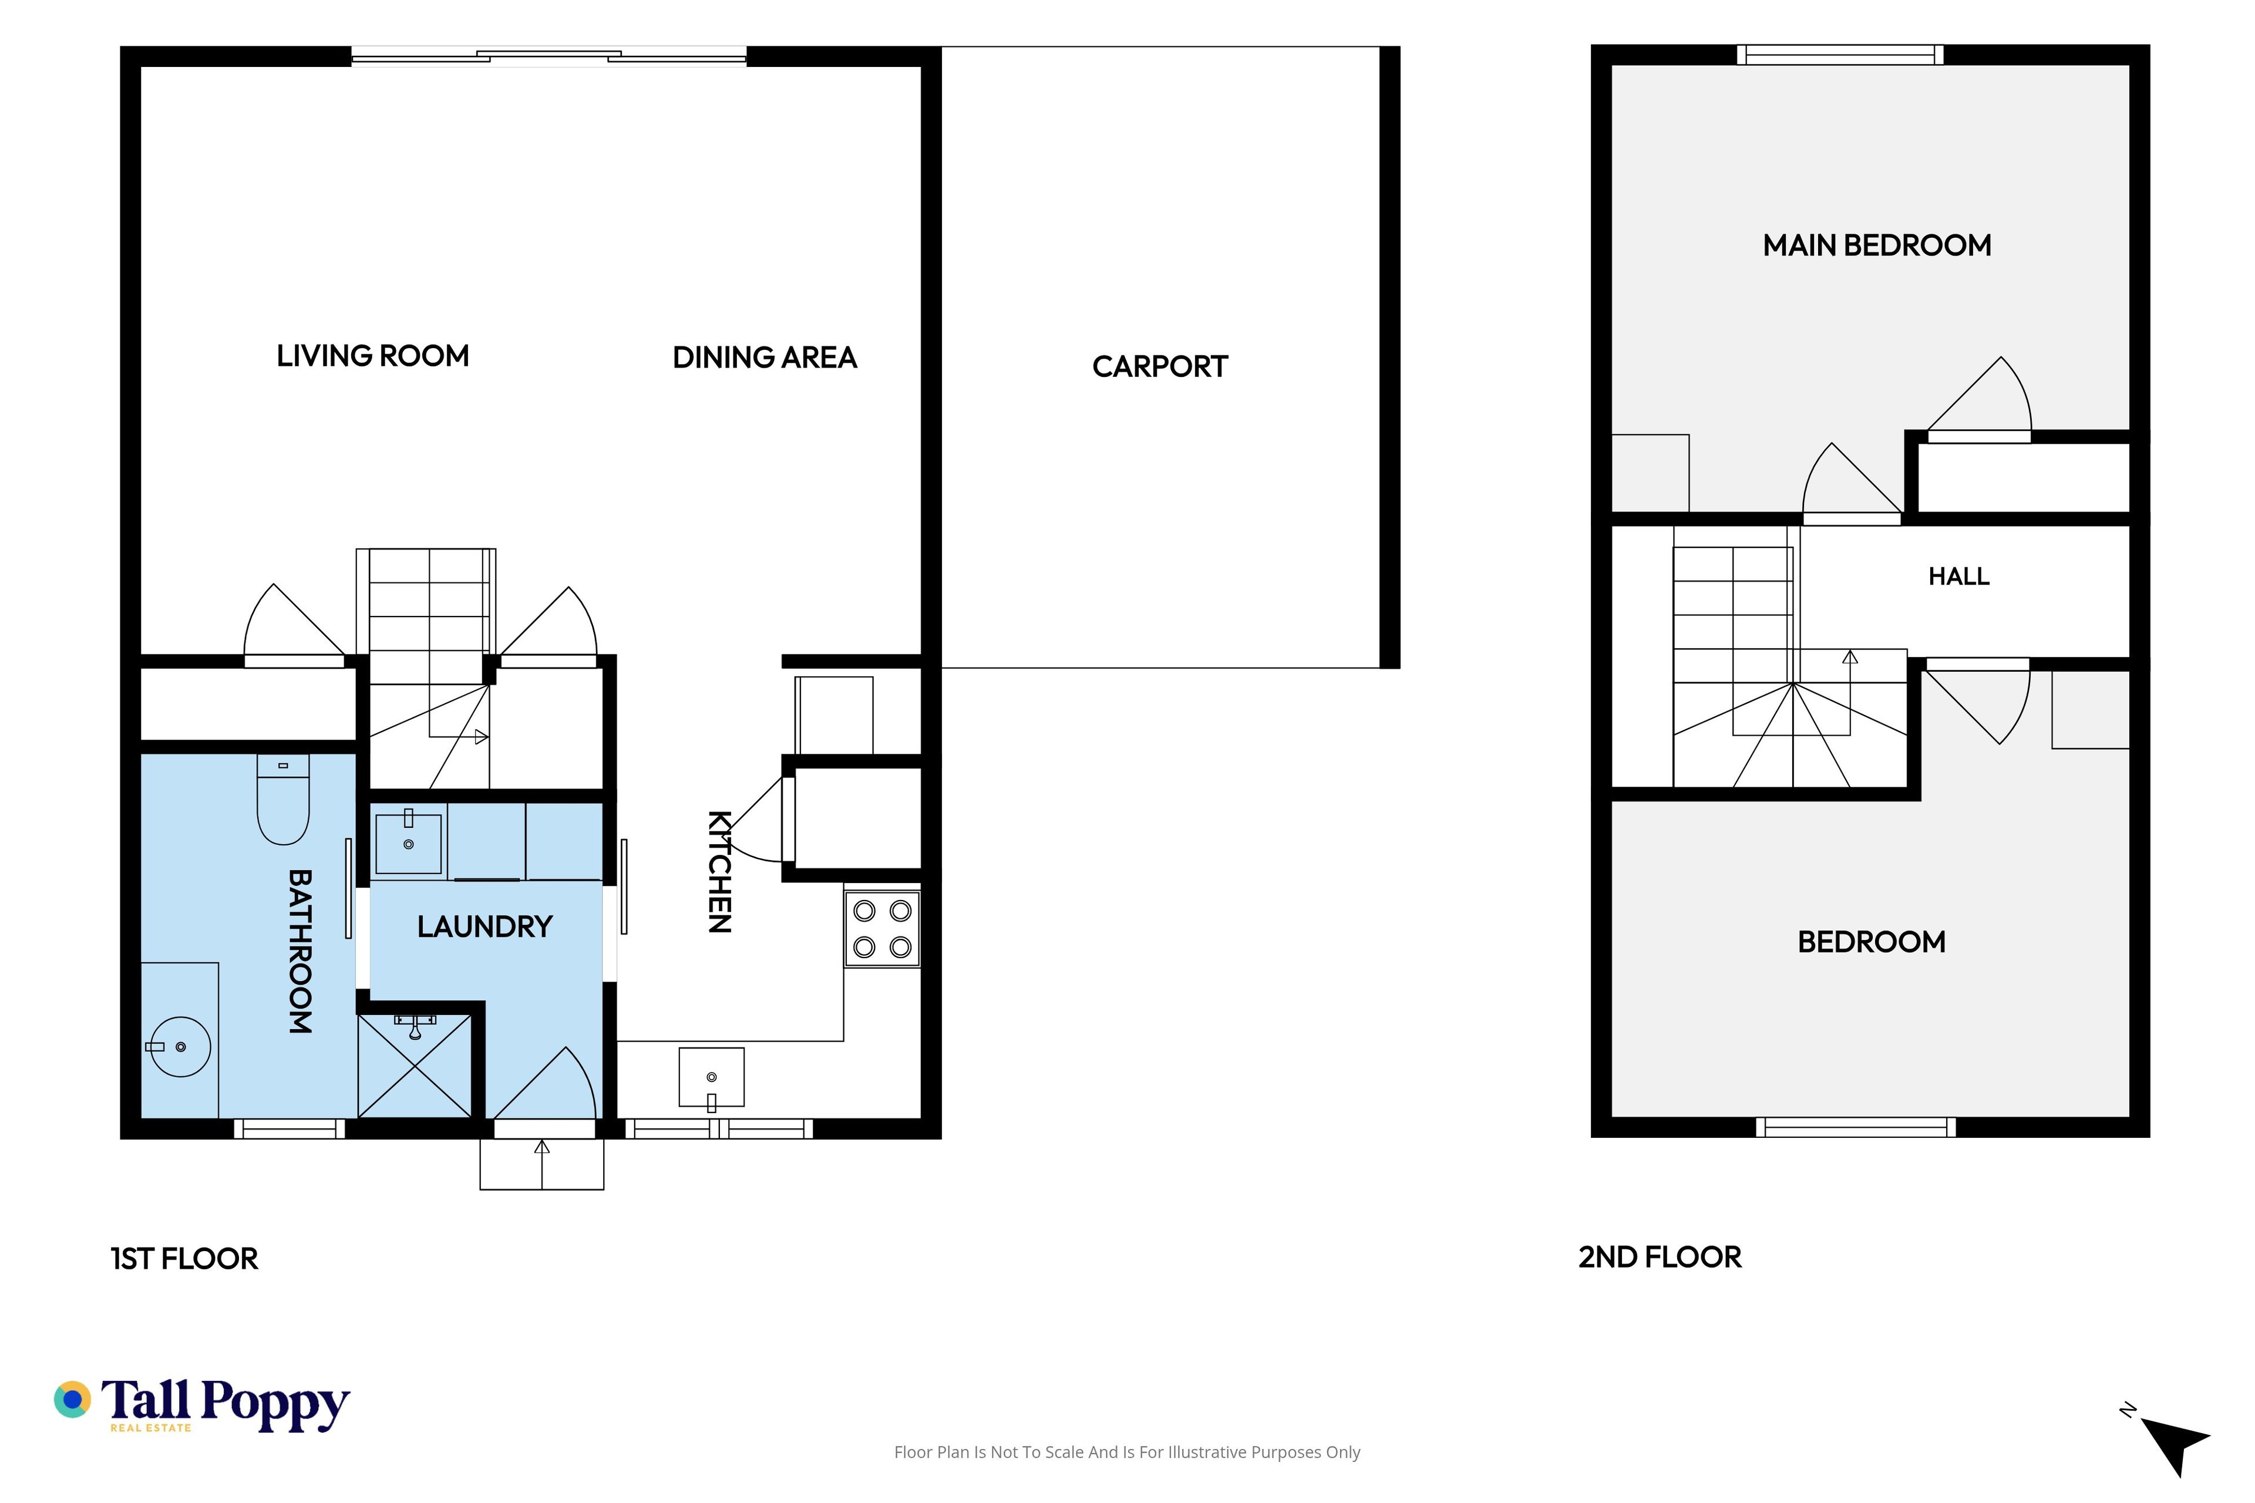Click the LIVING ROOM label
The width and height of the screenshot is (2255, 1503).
373,356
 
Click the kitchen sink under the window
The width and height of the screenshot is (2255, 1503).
711,1077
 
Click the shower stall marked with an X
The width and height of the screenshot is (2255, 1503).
414,1065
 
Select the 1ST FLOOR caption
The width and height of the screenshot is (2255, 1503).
184,1259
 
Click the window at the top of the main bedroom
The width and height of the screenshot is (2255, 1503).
1840,55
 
